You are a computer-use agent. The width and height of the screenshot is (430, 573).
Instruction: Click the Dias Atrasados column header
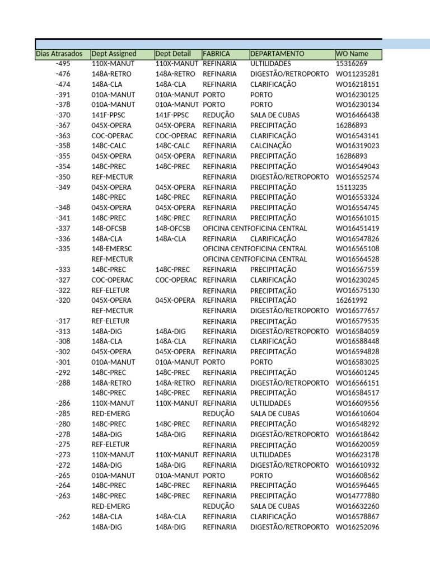coord(59,54)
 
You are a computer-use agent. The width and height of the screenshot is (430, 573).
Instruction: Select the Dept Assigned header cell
coord(114,54)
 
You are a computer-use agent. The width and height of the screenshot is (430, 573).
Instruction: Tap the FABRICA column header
coord(216,54)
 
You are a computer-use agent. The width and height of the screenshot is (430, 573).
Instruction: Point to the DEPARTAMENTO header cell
coord(277,54)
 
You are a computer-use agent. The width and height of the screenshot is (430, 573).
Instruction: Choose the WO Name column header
coord(349,54)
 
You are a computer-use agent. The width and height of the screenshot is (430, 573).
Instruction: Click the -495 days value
coord(63,64)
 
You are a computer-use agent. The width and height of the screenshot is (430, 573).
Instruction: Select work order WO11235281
coord(357,74)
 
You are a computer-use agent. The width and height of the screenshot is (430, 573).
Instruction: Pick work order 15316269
coord(351,64)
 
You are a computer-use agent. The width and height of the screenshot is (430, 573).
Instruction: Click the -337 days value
coord(63,228)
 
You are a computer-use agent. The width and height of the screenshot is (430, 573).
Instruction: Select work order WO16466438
coord(357,115)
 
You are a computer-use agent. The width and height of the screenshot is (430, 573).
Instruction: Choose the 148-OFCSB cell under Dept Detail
coord(172,228)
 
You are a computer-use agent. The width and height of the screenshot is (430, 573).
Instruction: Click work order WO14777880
coord(357,496)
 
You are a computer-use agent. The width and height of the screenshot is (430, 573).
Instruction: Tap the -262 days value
coord(63,516)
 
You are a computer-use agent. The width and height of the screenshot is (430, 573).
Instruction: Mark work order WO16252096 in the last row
coord(357,527)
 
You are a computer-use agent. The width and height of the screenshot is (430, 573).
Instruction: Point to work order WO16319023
coord(357,146)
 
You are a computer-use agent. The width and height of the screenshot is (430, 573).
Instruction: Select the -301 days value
coord(63,362)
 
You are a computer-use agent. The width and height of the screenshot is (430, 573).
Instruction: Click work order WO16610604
coord(357,414)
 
